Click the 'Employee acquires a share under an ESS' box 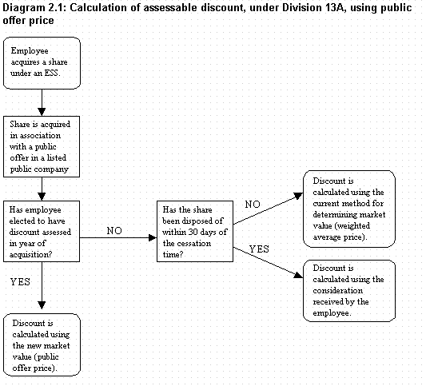[x=42, y=63]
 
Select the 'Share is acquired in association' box [x=42, y=147]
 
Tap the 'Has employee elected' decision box [x=42, y=232]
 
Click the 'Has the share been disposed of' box [x=195, y=232]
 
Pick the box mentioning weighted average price [x=349, y=209]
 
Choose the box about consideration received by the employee [x=349, y=291]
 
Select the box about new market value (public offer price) [x=42, y=345]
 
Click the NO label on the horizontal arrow [x=114, y=231]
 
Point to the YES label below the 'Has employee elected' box [x=20, y=282]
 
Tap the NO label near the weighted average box [x=253, y=205]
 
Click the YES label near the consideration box [x=259, y=249]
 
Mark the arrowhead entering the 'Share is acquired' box [x=42, y=112]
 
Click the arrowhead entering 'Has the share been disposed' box [x=153, y=238]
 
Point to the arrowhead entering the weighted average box [x=298, y=196]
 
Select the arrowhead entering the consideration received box [x=299, y=275]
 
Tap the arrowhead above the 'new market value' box [x=42, y=305]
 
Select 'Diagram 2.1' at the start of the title [x=34, y=8]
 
